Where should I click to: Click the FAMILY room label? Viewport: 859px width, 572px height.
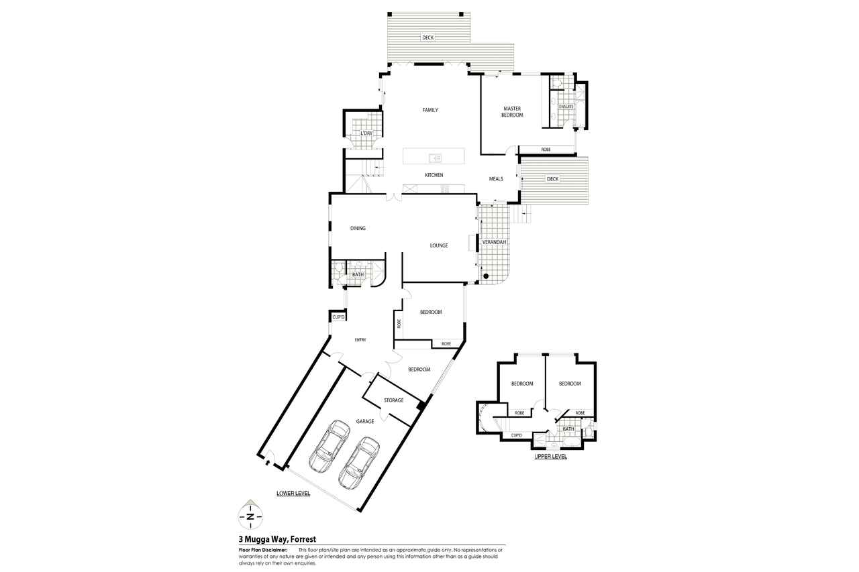(430, 110)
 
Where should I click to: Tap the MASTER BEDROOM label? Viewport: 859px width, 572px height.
(512, 111)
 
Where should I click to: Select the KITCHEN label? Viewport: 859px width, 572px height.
(434, 175)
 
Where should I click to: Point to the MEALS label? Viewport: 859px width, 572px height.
(496, 179)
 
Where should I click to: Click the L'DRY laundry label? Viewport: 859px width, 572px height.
(366, 133)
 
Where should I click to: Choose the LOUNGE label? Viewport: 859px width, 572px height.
(439, 245)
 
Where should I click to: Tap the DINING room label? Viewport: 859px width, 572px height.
(358, 228)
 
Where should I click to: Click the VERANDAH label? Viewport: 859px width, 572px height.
(494, 242)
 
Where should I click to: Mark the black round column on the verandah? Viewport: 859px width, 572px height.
(485, 276)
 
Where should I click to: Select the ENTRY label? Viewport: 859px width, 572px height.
(360, 340)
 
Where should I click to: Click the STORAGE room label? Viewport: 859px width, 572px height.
(393, 400)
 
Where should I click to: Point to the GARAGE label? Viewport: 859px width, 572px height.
(364, 421)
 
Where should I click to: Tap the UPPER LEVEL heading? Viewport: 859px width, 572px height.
(550, 456)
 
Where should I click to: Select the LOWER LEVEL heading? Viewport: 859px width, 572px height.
(293, 493)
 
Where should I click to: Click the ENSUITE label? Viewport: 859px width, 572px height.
(566, 107)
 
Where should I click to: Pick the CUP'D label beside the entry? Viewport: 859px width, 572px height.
(339, 317)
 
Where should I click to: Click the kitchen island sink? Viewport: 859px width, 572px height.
(436, 158)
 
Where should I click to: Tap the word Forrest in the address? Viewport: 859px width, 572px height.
(303, 539)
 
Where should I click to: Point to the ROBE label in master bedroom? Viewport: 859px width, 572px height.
(546, 150)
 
